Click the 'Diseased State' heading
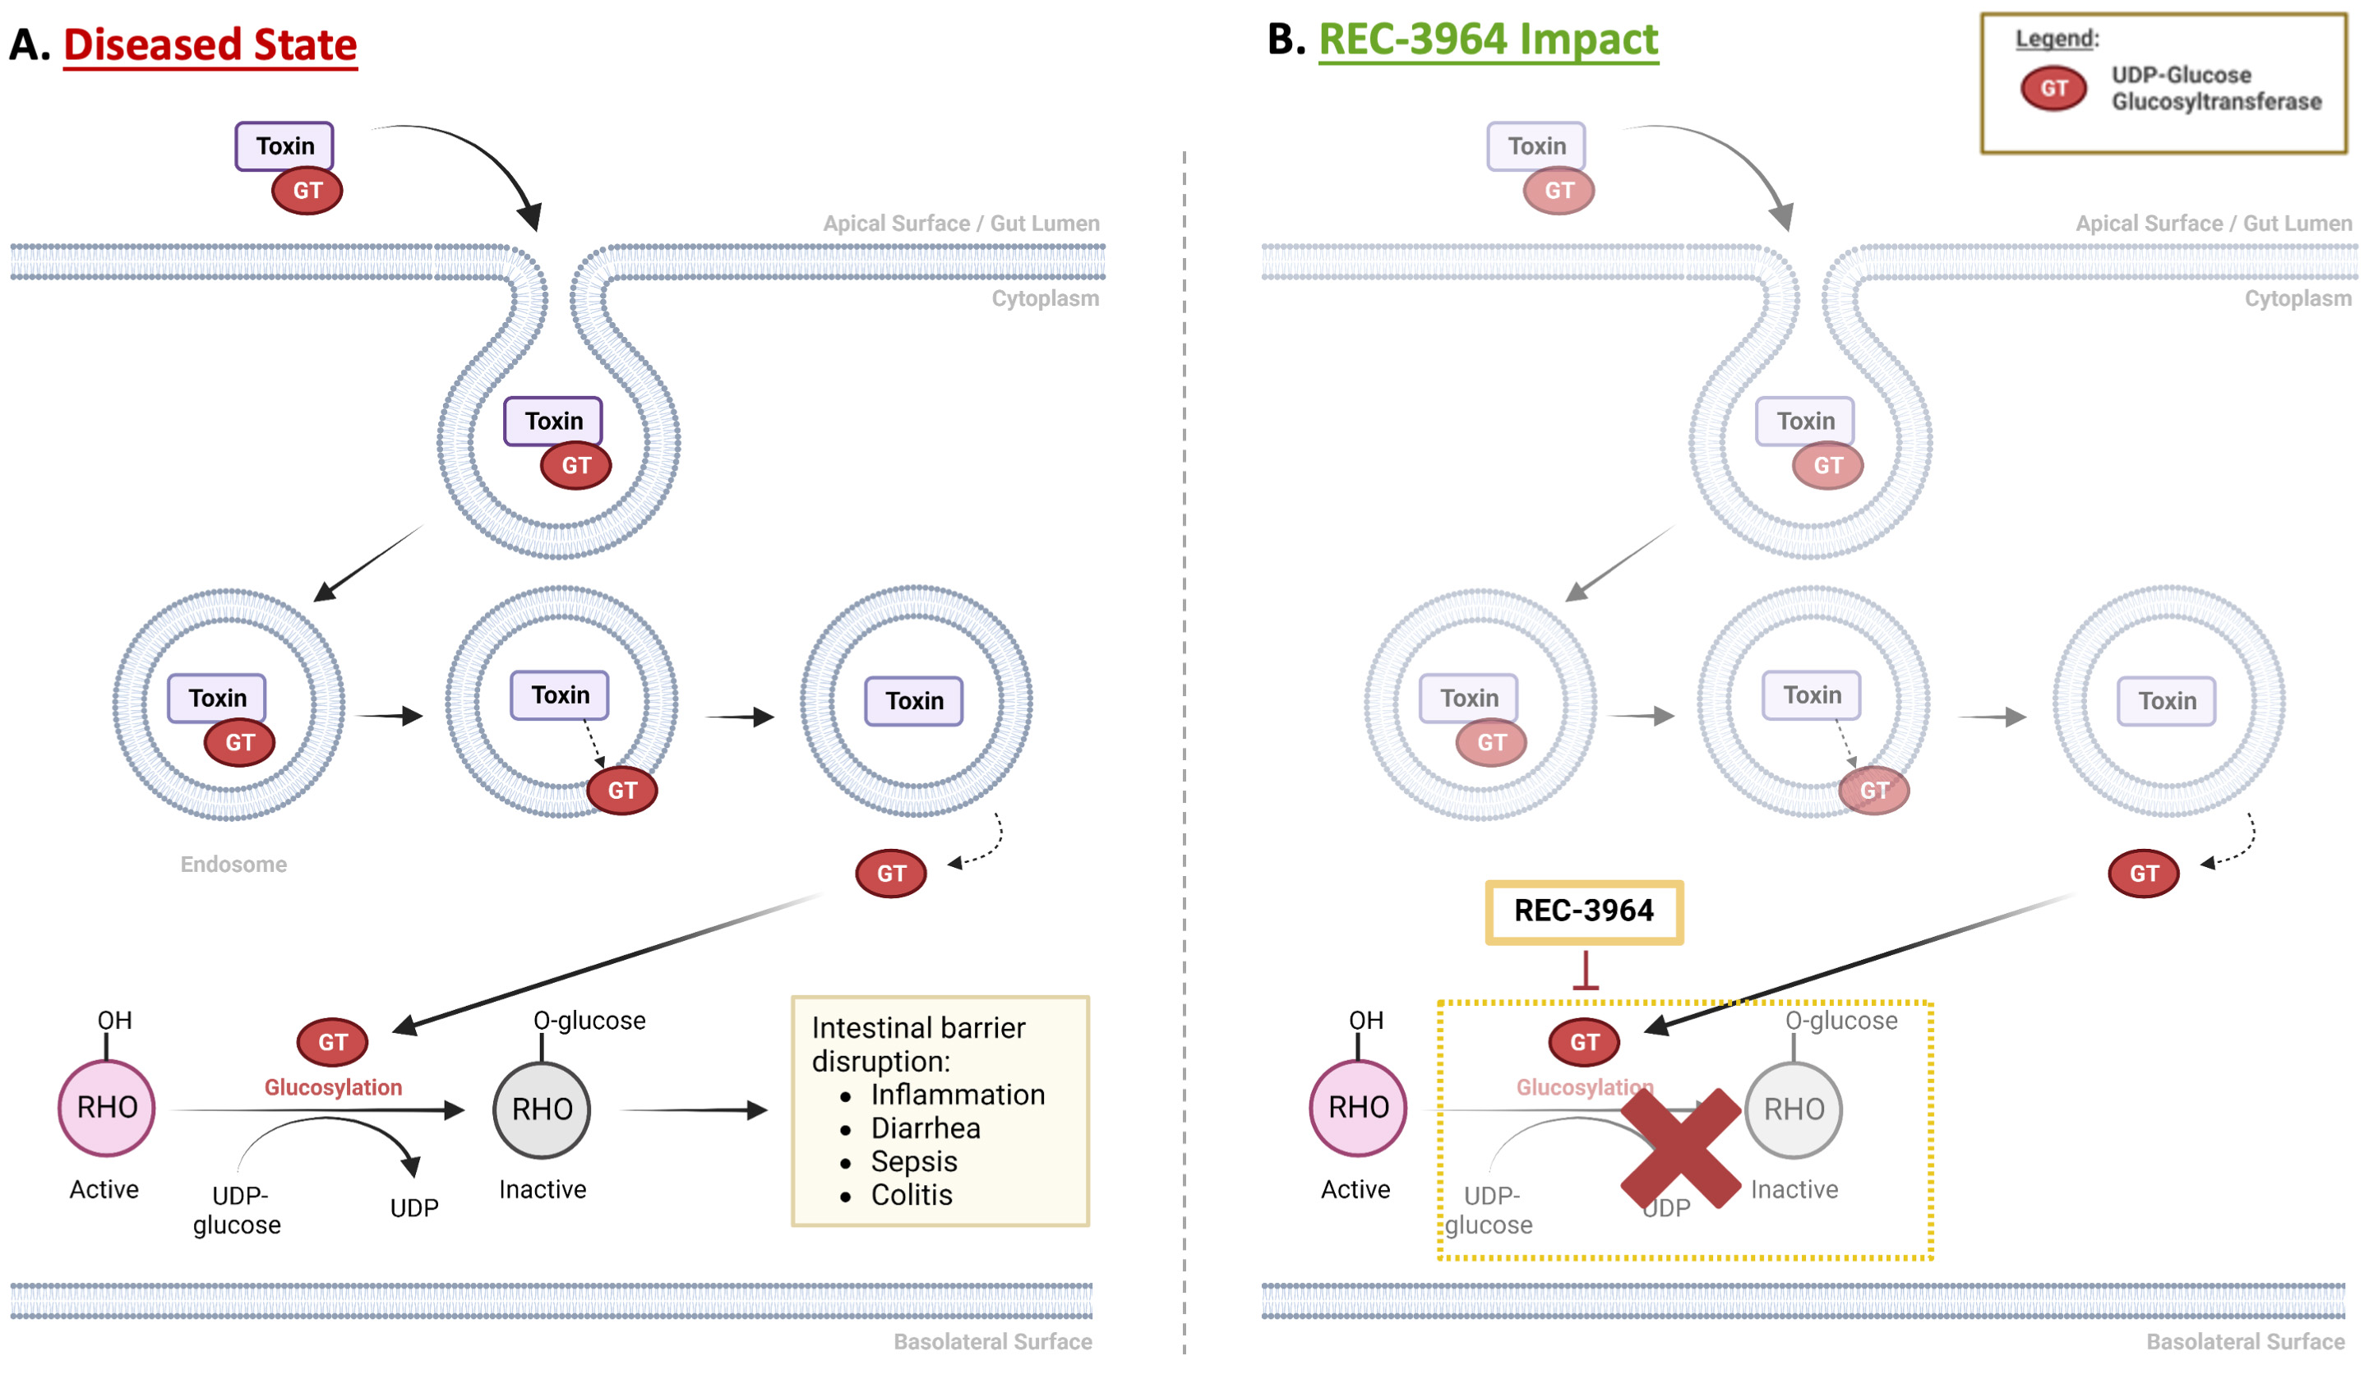pos(210,45)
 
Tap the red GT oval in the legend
pos(2053,89)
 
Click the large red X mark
pos(1680,1148)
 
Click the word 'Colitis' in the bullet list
pos(911,1195)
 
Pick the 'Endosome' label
pos(233,864)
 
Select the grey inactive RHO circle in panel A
pos(542,1109)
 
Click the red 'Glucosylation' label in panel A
pos(333,1087)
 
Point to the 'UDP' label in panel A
pos(413,1208)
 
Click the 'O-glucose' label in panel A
pos(589,1021)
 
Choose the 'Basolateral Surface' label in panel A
pos(992,1341)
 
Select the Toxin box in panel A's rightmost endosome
pos(914,700)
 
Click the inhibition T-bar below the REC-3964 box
pos(1585,972)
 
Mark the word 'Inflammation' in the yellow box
pos(957,1095)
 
